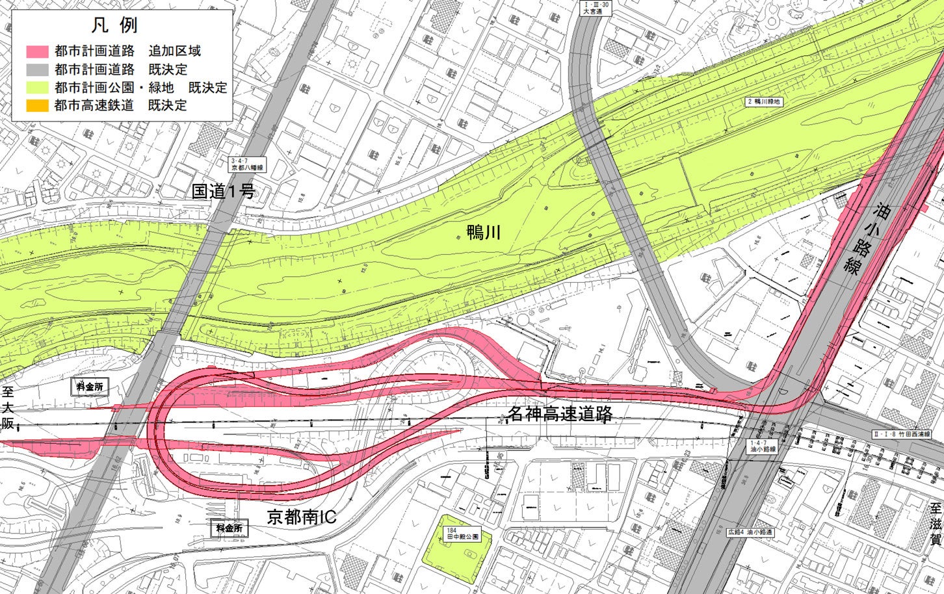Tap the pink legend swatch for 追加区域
37,51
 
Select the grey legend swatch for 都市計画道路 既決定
37,70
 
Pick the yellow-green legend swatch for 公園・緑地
37,87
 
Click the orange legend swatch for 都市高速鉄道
37,105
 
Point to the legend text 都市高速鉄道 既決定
121,105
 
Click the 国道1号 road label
223,191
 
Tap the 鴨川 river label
484,232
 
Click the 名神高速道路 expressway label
560,413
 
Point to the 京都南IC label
302,517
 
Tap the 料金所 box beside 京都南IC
229,528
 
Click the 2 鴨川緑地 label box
764,102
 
